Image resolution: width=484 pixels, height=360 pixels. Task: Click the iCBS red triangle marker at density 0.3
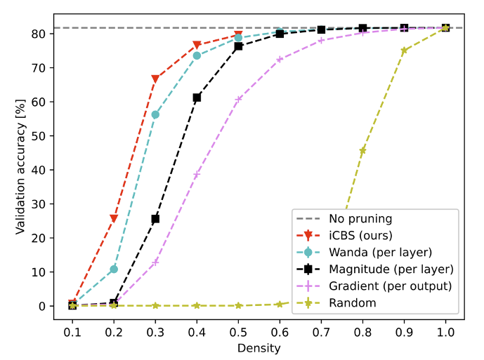155,79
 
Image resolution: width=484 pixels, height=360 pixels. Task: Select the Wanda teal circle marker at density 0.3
155,114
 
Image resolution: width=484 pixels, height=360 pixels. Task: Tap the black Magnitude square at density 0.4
197,98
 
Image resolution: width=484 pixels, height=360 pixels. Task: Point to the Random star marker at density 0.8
362,151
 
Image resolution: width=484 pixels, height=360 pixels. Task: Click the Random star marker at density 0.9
404,51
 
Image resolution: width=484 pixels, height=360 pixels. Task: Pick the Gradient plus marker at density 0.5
238,99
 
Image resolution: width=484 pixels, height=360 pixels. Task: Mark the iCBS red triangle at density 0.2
114,218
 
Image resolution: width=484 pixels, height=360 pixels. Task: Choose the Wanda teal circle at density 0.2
114,269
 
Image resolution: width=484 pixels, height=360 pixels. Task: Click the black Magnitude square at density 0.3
155,219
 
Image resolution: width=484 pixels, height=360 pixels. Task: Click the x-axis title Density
259,347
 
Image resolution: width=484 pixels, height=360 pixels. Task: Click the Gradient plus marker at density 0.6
280,60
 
